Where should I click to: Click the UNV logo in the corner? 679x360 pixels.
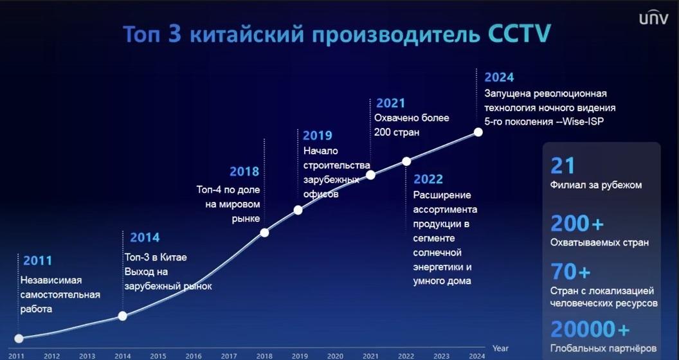pyautogui.click(x=653, y=18)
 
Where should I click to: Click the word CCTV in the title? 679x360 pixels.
pyautogui.click(x=519, y=33)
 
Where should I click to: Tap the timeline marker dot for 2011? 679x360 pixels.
pyautogui.click(x=19, y=338)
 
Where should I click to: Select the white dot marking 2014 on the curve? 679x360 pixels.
pyautogui.click(x=123, y=316)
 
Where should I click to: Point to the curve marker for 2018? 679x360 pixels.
pyautogui.click(x=264, y=233)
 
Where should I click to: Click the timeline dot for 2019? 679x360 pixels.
pyautogui.click(x=298, y=210)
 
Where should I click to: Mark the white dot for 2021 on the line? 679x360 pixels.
pyautogui.click(x=370, y=175)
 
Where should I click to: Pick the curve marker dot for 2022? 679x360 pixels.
pyautogui.click(x=406, y=161)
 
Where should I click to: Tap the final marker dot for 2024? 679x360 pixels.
pyautogui.click(x=478, y=132)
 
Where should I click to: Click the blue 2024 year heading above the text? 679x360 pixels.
pyautogui.click(x=499, y=77)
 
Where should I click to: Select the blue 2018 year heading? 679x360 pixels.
pyautogui.click(x=244, y=172)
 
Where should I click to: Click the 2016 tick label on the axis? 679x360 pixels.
pyautogui.click(x=194, y=356)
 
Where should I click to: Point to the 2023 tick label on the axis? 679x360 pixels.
pyautogui.click(x=441, y=356)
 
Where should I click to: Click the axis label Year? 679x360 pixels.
pyautogui.click(x=500, y=348)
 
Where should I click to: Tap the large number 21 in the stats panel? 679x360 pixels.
pyautogui.click(x=563, y=166)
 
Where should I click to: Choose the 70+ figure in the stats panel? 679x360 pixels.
pyautogui.click(x=571, y=272)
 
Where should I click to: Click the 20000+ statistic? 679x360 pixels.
pyautogui.click(x=590, y=330)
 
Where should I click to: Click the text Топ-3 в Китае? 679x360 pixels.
pyautogui.click(x=156, y=257)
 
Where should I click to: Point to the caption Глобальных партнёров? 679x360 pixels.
pyautogui.click(x=603, y=348)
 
